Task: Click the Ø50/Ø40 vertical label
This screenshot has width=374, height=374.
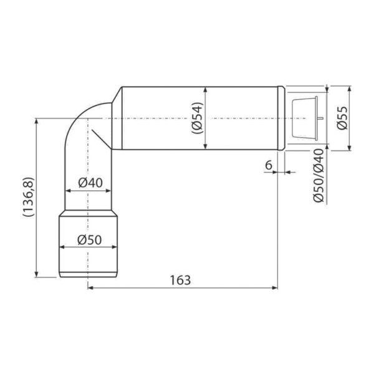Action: click(x=319, y=175)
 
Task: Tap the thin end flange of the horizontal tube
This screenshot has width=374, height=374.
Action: click(x=284, y=117)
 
